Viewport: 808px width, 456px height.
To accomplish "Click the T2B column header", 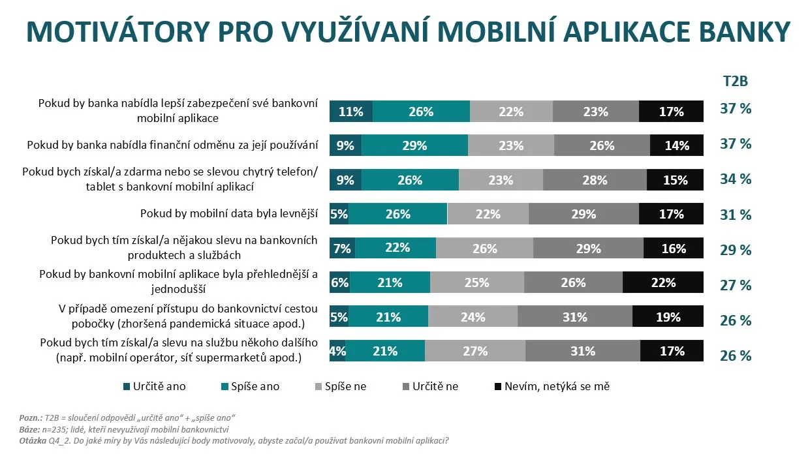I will pos(735,82).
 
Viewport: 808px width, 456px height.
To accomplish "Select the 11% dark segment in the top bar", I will pos(350,112).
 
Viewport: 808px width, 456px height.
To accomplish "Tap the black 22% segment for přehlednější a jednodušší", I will pos(662,282).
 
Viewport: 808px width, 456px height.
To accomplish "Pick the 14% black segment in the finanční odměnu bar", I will pos(676,145).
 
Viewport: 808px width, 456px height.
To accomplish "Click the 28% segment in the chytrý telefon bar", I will pos(594,180).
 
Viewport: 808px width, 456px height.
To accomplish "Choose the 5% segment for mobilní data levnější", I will pos(339,214).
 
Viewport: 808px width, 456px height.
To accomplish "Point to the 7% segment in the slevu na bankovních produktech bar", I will pos(342,249).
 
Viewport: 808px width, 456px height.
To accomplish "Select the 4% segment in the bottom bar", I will pos(337,351).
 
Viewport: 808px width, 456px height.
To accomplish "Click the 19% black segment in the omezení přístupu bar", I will pos(667,317).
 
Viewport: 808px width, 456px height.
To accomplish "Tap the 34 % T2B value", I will pos(736,179).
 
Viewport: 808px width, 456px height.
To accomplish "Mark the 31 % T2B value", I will pos(736,215).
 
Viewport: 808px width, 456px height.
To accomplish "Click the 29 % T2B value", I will pos(736,250).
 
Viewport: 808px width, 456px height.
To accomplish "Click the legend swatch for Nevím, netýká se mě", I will pos(499,386).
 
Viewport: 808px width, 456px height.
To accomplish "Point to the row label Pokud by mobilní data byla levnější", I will pos(229,213).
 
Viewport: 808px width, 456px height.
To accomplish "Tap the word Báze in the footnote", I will pos(29,429).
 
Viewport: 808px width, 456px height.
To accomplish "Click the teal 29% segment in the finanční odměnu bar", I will pos(414,145).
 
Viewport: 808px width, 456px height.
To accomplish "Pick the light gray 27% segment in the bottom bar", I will pos(474,351).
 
